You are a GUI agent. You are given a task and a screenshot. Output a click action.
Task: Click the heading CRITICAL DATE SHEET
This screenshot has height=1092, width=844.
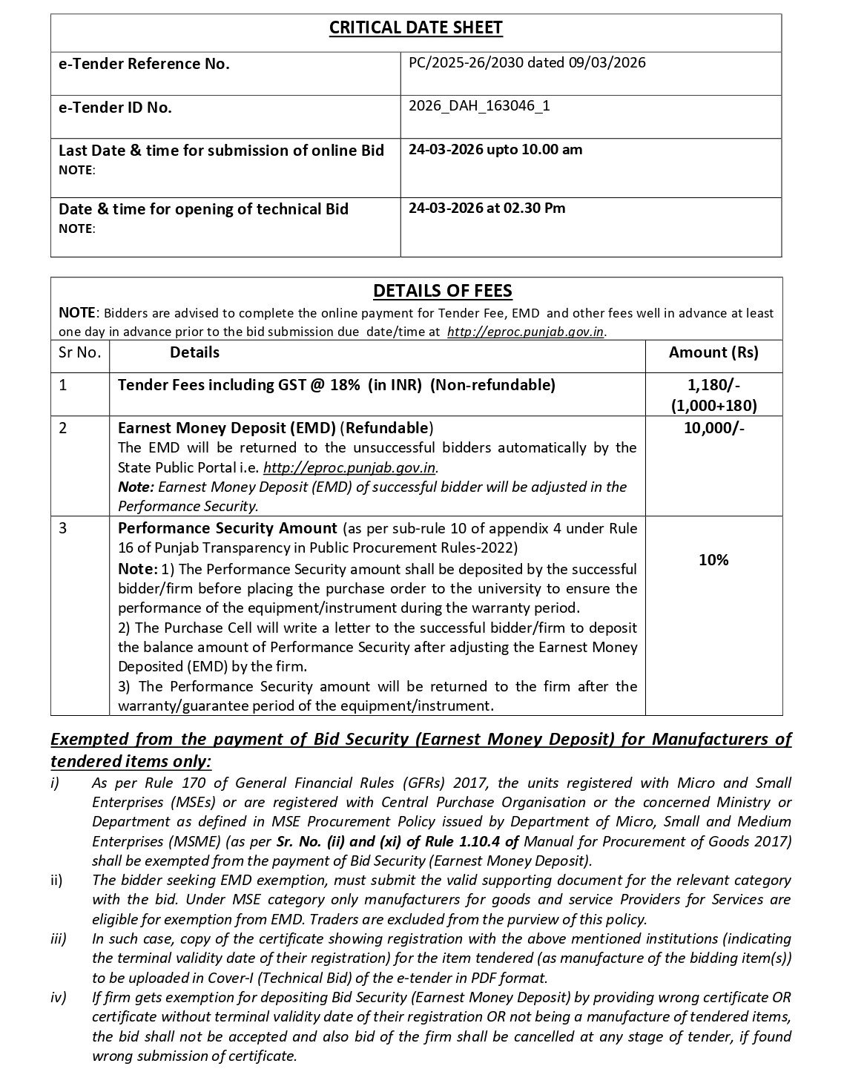point(415,28)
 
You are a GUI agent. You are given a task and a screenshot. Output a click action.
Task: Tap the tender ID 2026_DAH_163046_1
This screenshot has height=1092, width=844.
point(479,105)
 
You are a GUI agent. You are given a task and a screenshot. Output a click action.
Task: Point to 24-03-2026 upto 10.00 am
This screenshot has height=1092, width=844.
point(495,149)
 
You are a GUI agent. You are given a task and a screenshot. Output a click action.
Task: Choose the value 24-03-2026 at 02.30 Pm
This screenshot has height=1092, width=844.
point(487,208)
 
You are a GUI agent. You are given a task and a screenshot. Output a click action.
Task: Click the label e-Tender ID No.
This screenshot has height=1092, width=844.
point(115,108)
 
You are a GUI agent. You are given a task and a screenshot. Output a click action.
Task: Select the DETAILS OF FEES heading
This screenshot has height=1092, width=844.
point(442,291)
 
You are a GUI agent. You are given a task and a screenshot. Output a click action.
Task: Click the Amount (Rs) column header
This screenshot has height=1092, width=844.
point(713,352)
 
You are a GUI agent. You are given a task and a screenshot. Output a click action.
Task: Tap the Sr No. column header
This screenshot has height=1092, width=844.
point(79,352)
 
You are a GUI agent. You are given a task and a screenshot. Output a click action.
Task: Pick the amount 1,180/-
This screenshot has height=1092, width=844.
point(713,384)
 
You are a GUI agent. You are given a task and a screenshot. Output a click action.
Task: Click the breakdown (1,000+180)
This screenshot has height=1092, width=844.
point(713,405)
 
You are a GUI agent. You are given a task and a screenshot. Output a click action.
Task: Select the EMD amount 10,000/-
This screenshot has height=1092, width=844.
point(713,428)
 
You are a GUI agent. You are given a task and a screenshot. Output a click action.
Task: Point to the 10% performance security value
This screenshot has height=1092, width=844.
point(713,560)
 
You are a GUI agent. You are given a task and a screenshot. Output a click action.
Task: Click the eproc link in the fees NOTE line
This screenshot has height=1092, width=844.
point(526,332)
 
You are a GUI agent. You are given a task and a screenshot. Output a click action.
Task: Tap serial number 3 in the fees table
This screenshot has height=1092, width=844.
point(63,529)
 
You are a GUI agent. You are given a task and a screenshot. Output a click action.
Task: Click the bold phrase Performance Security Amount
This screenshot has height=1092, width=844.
point(227,528)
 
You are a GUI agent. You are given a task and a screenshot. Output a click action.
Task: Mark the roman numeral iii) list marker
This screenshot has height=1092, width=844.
point(59,938)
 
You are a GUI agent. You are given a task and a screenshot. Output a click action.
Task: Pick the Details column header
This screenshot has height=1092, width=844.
point(194,352)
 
